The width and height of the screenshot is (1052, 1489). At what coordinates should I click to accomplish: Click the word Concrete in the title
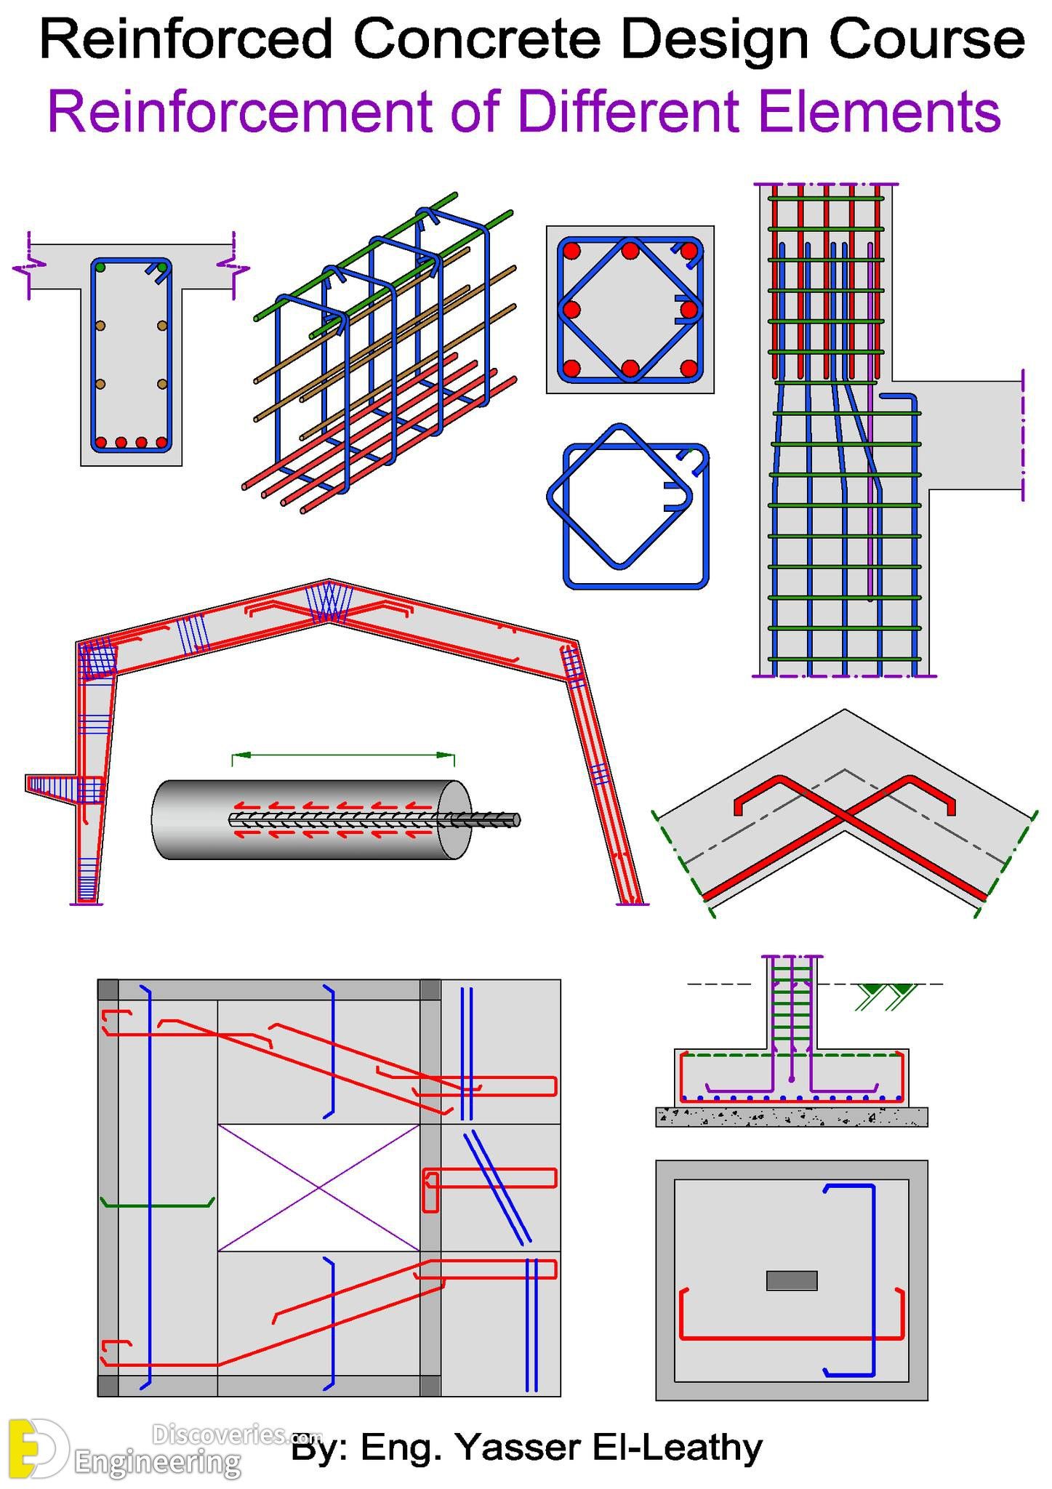(477, 39)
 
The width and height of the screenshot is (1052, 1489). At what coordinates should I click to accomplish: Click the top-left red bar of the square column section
(572, 251)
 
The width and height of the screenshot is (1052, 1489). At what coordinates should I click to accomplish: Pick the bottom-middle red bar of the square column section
(630, 368)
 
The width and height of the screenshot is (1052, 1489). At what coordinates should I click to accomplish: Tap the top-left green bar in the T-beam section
(100, 268)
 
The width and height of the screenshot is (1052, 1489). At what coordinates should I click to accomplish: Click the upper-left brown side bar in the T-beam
(100, 326)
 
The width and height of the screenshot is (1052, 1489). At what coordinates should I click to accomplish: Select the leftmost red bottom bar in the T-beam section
(101, 442)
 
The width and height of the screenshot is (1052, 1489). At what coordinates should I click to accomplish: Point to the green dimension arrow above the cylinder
(343, 755)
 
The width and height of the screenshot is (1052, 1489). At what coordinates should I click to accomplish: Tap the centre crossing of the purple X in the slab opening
(318, 1188)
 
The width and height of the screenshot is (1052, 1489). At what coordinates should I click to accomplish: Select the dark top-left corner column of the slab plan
(108, 990)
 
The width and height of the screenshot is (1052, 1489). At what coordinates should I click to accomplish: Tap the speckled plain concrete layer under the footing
(792, 1117)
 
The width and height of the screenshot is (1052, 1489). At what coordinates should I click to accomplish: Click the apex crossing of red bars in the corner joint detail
(844, 817)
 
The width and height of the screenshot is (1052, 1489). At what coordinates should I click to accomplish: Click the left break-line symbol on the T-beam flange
(28, 268)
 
